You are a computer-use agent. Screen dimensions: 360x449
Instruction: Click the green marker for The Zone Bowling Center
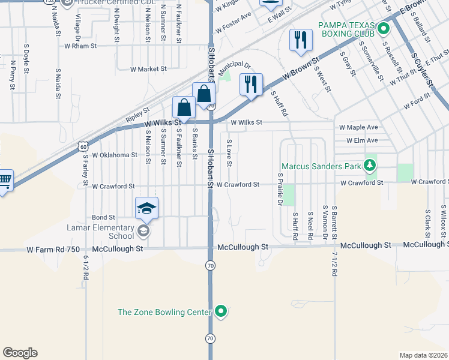click(221, 311)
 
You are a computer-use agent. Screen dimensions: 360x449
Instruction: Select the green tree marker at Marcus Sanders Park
click(371, 166)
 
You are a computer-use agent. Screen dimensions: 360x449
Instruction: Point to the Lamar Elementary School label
click(100, 232)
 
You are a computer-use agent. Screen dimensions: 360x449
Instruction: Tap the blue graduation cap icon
click(147, 209)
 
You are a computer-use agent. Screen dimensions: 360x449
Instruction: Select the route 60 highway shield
click(83, 146)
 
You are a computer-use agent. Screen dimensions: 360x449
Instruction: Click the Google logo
click(20, 353)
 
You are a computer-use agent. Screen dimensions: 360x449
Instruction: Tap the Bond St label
click(103, 217)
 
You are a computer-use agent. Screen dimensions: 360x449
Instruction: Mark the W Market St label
click(148, 69)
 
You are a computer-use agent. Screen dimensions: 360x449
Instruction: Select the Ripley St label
click(138, 111)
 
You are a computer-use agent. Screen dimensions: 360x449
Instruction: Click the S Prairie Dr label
click(280, 189)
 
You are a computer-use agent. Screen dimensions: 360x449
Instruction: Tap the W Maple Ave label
click(358, 128)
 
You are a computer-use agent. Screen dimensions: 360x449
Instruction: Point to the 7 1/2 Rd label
click(334, 264)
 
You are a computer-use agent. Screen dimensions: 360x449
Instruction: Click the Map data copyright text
click(423, 355)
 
